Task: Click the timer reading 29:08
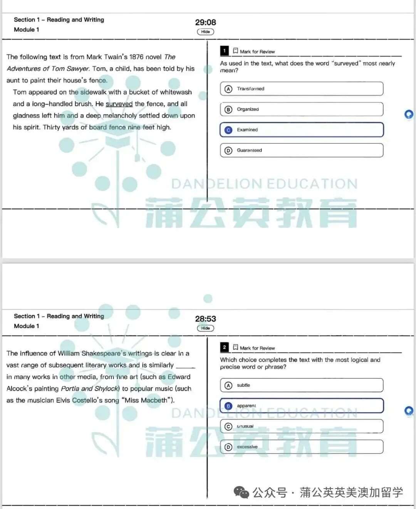pyautogui.click(x=205, y=22)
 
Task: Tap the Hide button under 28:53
pyautogui.click(x=205, y=328)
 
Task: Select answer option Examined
pyautogui.click(x=302, y=130)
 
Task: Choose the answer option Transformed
pyautogui.click(x=302, y=89)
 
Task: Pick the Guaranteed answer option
pyautogui.click(x=302, y=150)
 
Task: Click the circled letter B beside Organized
pyautogui.click(x=228, y=110)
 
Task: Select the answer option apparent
pyautogui.click(x=302, y=406)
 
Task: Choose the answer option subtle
pyautogui.click(x=302, y=385)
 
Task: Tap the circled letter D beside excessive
pyautogui.click(x=228, y=447)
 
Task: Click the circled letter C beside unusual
pyautogui.click(x=228, y=426)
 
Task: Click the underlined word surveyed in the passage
pyautogui.click(x=119, y=104)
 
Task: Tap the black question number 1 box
pyautogui.click(x=224, y=51)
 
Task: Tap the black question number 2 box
pyautogui.click(x=224, y=347)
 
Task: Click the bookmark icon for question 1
pyautogui.click(x=235, y=51)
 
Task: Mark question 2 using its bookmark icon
pyautogui.click(x=235, y=347)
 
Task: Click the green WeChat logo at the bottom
pyautogui.click(x=242, y=492)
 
